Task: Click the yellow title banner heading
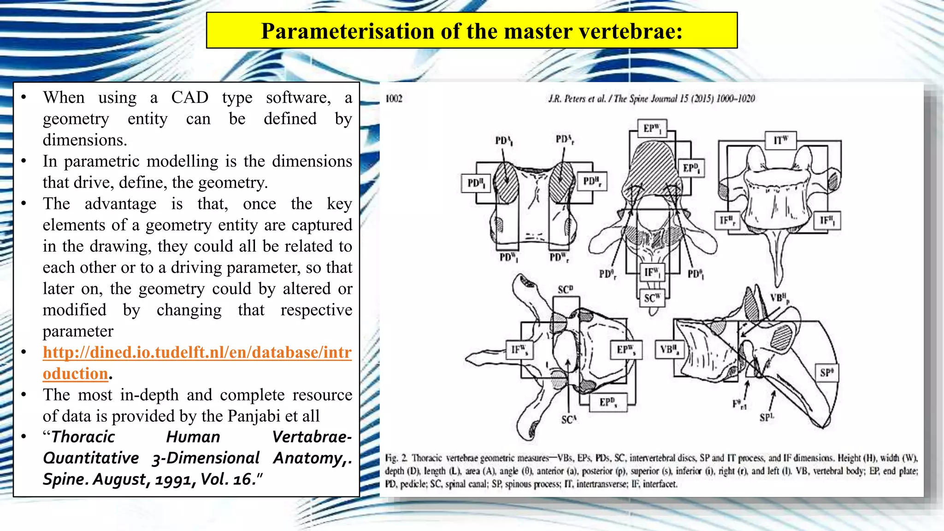pyautogui.click(x=472, y=31)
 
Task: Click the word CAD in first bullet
pyautogui.click(x=189, y=98)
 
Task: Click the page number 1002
pyautogui.click(x=394, y=99)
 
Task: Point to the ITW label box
pyautogui.click(x=780, y=140)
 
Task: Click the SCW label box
pyautogui.click(x=652, y=298)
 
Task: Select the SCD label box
pyautogui.click(x=566, y=290)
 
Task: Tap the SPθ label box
pyautogui.click(x=826, y=373)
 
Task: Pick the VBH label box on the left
pyautogui.click(x=669, y=350)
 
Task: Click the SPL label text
pyautogui.click(x=767, y=418)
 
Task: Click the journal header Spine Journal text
pyautogui.click(x=652, y=99)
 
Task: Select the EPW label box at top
pyautogui.click(x=652, y=128)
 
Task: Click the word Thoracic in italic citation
pyautogui.click(x=83, y=437)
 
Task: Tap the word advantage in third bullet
pyautogui.click(x=120, y=204)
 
